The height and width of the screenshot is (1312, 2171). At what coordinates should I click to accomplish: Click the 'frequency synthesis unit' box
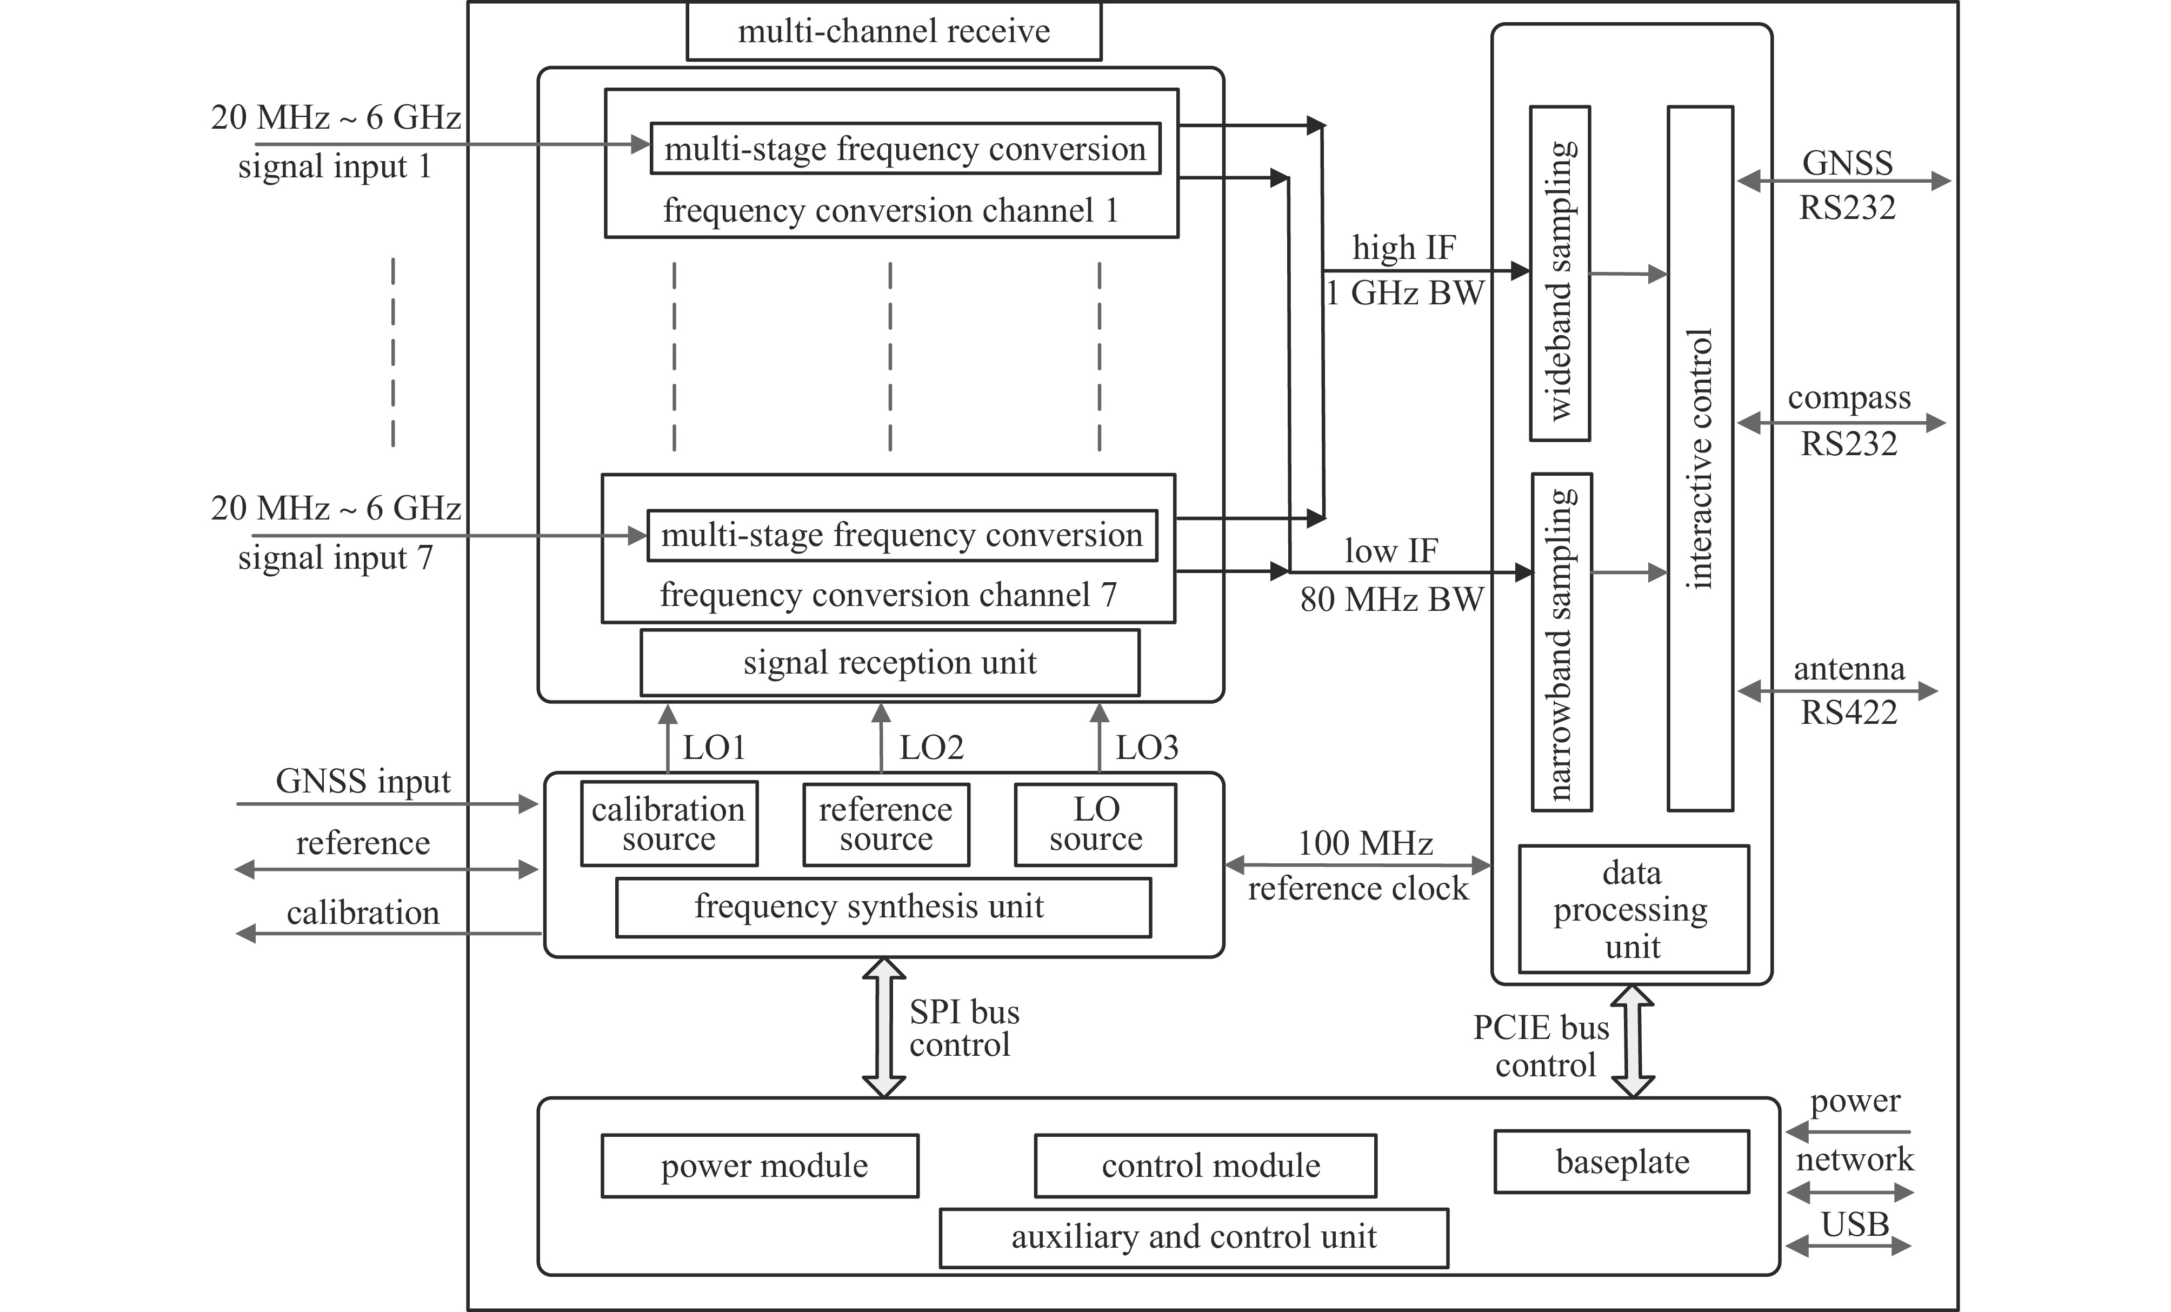pos(883,907)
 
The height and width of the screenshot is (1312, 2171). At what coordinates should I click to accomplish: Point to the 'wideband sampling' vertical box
pos(1560,273)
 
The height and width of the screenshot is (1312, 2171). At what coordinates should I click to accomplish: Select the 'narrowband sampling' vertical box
pos(1561,642)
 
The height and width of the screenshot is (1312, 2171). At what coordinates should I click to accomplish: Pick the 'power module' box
pos(760,1166)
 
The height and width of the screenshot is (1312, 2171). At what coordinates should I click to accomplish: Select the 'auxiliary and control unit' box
pos(1193,1237)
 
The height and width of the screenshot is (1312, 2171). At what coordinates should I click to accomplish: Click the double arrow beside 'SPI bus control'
pos(883,1028)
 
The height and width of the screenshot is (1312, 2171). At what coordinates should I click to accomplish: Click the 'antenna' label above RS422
pos(1848,669)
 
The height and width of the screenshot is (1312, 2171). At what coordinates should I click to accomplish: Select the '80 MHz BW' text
pos(1391,599)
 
